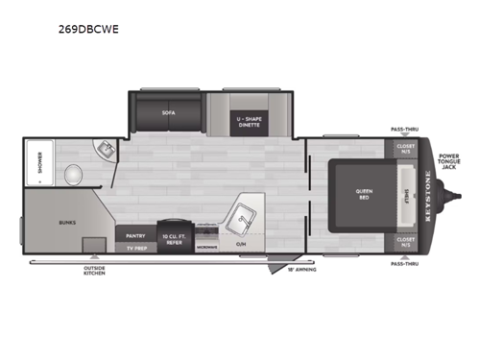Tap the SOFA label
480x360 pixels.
coord(168,112)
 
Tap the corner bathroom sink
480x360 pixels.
coord(105,150)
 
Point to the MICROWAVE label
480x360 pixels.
coord(207,248)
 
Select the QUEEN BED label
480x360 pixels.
coord(365,193)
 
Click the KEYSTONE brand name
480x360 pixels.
coord(427,192)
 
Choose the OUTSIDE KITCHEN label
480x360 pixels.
coord(93,272)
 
